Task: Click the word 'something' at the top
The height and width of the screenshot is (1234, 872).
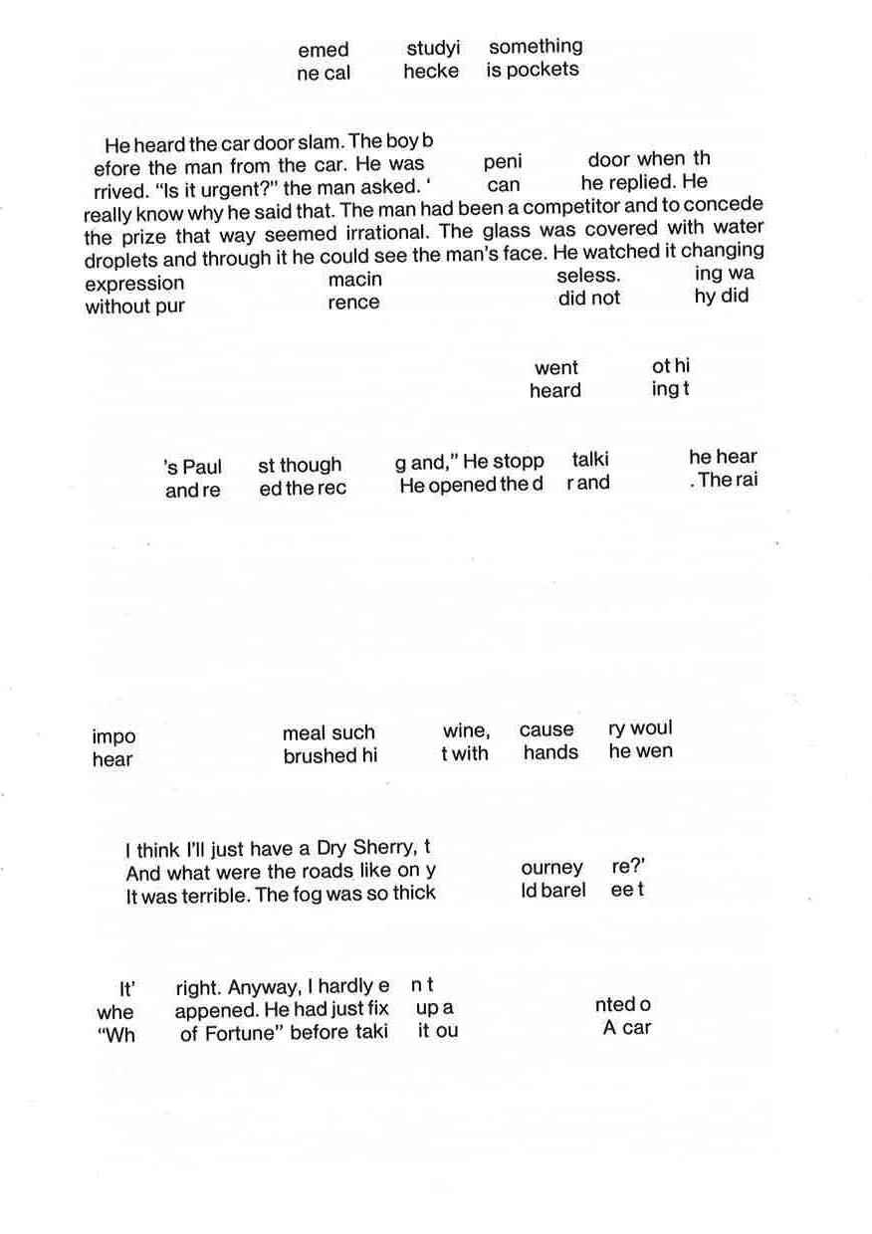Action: pos(536,47)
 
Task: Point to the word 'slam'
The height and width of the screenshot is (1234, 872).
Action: pos(319,142)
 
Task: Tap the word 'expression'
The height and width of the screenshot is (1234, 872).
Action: pos(134,284)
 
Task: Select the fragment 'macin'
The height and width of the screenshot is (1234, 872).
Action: pos(355,280)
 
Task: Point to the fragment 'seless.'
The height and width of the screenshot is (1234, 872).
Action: pos(588,275)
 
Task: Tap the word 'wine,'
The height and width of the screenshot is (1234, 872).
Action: pos(466,731)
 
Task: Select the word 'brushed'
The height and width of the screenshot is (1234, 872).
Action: pos(319,756)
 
